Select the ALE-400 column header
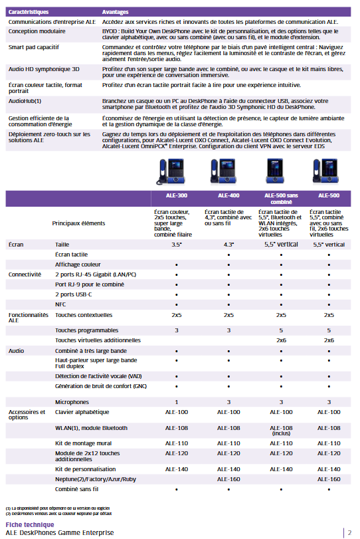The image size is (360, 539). click(x=228, y=196)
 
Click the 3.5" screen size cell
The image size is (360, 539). click(x=176, y=245)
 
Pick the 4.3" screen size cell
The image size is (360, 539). click(x=228, y=245)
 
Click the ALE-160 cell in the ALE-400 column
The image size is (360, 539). click(x=228, y=479)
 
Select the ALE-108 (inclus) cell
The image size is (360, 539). click(x=281, y=431)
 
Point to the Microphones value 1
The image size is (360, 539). click(x=176, y=402)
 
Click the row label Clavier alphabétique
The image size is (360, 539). click(x=82, y=413)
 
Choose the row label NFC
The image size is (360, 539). click(x=60, y=304)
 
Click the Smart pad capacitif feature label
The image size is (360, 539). click(x=33, y=48)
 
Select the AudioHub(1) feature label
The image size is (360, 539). click(x=25, y=101)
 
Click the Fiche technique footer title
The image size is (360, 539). click(x=25, y=524)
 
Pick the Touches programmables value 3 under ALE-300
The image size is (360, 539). click(x=176, y=330)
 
